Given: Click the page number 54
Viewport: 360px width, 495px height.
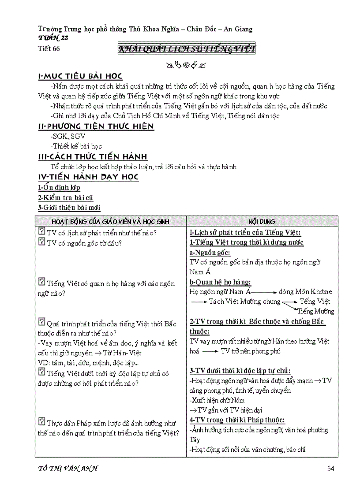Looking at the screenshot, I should click(331, 469).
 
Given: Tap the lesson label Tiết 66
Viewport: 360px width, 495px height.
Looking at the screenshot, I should click(49, 49).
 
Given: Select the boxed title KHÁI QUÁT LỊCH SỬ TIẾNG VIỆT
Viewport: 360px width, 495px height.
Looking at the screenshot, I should click(187, 49).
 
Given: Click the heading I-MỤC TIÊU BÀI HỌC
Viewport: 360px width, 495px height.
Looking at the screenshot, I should click(80, 77).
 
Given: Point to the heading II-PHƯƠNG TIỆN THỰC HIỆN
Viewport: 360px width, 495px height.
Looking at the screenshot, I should click(96, 127).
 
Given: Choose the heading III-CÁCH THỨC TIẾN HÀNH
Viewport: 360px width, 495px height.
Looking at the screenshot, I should click(93, 157).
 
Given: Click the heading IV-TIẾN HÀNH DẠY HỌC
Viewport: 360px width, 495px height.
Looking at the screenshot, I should click(88, 177).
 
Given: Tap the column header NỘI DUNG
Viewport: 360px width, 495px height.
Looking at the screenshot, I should click(262, 222).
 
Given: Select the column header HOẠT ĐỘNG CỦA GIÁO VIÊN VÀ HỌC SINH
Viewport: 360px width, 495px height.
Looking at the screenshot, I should click(110, 222).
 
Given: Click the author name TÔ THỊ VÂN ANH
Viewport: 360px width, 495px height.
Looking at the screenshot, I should click(68, 469).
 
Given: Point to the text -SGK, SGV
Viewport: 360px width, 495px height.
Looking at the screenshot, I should click(68, 137).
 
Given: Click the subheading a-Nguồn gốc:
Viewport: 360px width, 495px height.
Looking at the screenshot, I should click(210, 253).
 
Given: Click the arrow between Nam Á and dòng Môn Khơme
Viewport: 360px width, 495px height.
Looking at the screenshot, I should click(264, 292).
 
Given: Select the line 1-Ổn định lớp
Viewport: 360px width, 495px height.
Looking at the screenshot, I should click(59, 188).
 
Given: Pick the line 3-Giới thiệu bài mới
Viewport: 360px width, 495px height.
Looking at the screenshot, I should click(69, 208).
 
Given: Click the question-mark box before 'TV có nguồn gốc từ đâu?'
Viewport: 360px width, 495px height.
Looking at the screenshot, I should click(42, 242).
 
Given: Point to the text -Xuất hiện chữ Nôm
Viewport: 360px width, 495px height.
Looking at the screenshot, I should click(217, 401).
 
